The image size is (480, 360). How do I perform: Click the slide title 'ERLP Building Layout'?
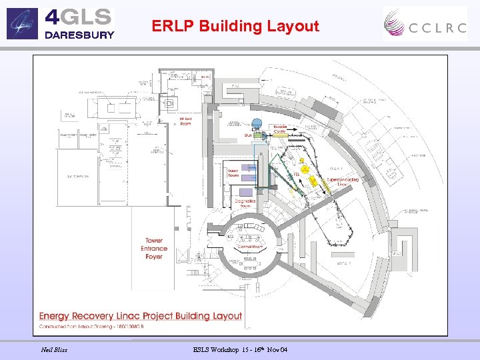tap(235, 26)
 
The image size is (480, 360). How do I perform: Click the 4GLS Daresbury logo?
tap(61, 23)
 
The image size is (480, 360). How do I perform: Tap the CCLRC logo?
tap(425, 24)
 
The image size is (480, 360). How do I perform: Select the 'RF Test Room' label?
tap(186, 121)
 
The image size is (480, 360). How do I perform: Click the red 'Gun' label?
tap(248, 134)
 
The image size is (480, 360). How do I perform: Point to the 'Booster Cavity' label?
tap(279, 129)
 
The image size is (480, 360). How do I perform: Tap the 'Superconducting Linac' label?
tap(343, 182)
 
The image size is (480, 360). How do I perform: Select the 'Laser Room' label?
tap(233, 173)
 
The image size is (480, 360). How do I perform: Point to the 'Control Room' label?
tap(251, 247)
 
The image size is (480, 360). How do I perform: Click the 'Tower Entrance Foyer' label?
tap(153, 249)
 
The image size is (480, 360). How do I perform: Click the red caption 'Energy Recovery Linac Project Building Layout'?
tap(140, 315)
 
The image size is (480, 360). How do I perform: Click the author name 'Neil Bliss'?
tap(54, 350)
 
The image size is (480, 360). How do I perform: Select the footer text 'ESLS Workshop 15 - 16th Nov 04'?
tap(241, 350)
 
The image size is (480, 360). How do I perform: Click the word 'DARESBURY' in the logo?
tap(79, 35)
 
